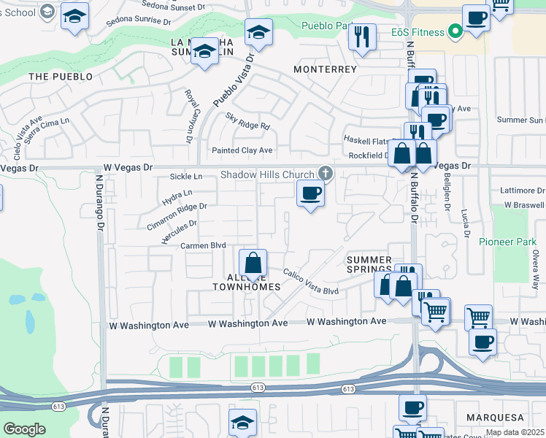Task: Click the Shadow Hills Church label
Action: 267,174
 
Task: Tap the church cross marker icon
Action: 325,174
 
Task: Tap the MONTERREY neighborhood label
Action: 325,69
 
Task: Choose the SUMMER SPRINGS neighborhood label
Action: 369,265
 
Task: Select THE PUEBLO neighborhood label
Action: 61,76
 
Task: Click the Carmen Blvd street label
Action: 203,246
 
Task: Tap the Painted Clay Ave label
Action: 242,150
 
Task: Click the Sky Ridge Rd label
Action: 247,121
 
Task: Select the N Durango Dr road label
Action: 98,202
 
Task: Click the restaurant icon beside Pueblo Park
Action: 362,36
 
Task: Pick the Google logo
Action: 24,429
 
